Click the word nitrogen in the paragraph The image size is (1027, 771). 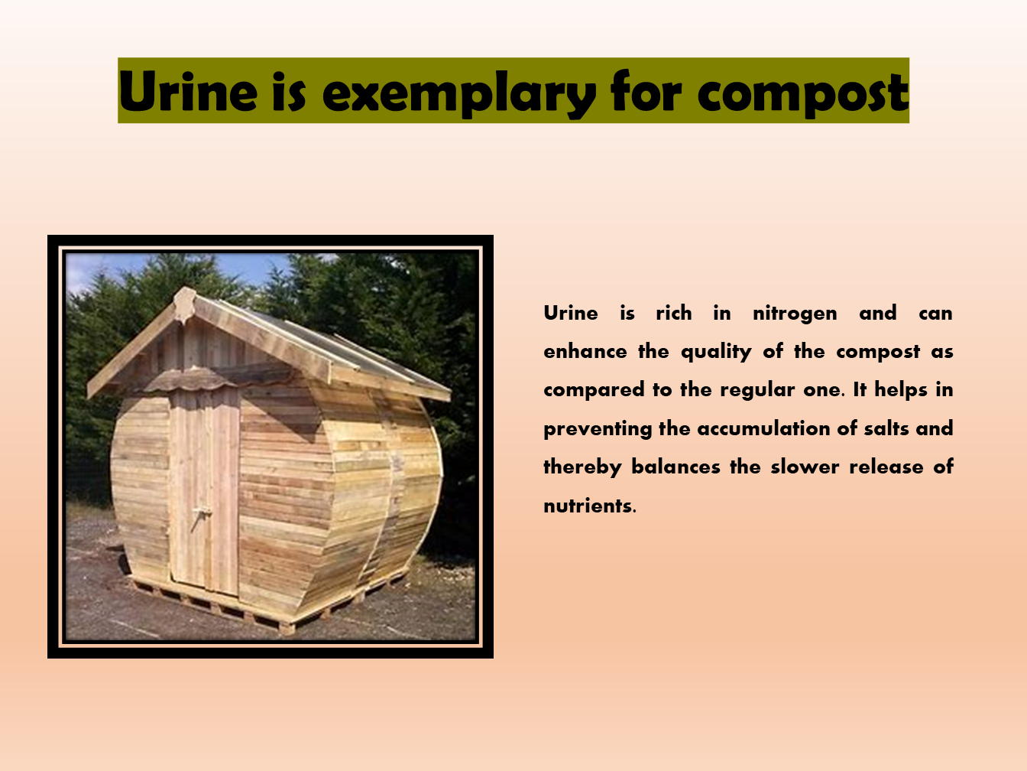795,314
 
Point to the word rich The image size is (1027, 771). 673,313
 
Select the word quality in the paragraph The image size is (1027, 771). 716,352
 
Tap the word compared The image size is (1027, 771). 593,390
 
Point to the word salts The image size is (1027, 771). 886,428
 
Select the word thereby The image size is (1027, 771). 582,467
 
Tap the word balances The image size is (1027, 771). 675,467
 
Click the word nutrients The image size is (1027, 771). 588,506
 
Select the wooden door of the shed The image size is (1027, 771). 205,490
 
